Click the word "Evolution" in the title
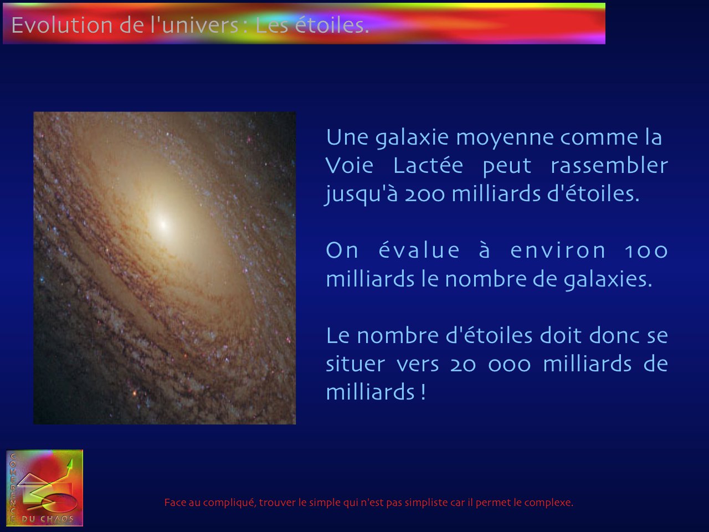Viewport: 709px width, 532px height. click(x=61, y=25)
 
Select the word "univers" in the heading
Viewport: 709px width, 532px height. click(x=201, y=25)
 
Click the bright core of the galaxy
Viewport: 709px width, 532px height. click(x=163, y=224)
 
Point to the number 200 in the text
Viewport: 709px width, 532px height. click(x=425, y=195)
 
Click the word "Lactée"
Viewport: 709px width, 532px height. click(x=428, y=166)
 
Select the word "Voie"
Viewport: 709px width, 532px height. click(x=349, y=166)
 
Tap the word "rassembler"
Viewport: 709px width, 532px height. click(x=609, y=166)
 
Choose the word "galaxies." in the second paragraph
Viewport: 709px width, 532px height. click(x=608, y=280)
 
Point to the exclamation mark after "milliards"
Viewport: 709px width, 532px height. click(x=423, y=392)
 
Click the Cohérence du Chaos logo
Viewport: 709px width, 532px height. click(x=44, y=488)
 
